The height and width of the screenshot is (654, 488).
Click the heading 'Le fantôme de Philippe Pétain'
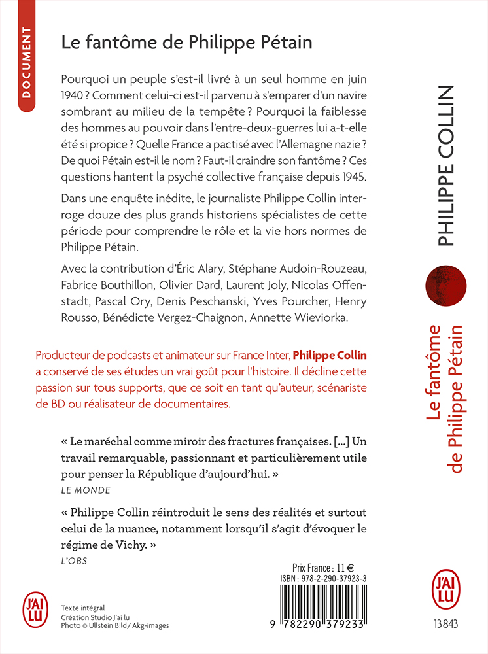(x=186, y=43)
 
